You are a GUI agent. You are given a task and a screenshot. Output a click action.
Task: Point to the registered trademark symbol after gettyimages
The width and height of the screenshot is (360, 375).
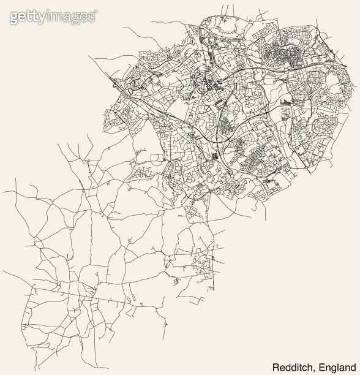[95, 12]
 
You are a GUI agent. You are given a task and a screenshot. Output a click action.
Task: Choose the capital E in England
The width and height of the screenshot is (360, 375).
[320, 366]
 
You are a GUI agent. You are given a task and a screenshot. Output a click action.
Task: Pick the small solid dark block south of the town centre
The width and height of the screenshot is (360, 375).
[215, 156]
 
